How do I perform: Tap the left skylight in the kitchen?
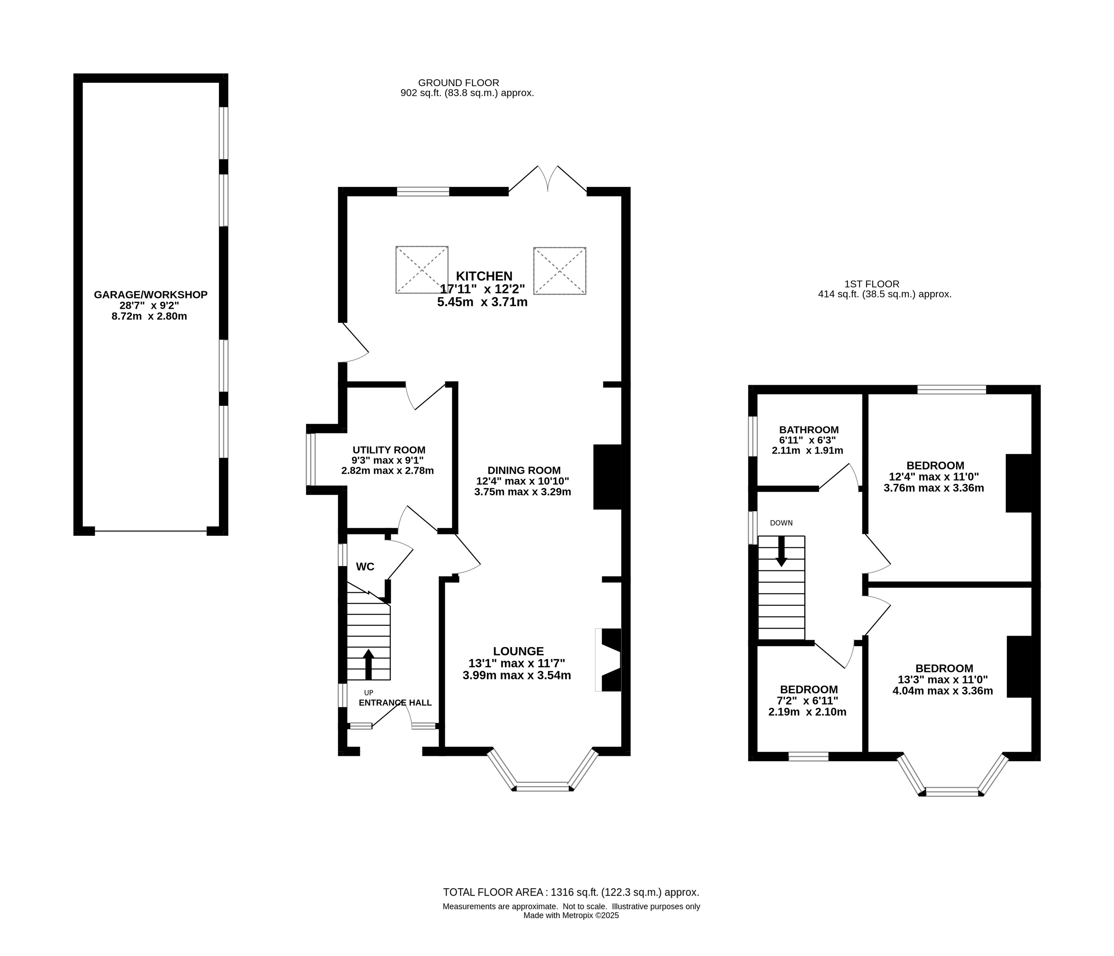click(x=422, y=270)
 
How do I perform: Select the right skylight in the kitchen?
click(x=560, y=271)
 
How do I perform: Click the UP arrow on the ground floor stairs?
click(x=368, y=664)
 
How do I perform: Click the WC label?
click(x=365, y=567)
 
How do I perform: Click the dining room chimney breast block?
click(x=608, y=476)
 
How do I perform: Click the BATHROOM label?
click(x=809, y=430)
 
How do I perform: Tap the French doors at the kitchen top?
click(x=548, y=179)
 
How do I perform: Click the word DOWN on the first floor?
click(x=781, y=523)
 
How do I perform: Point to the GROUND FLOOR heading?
click(x=459, y=83)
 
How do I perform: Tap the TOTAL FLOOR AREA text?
click(x=571, y=893)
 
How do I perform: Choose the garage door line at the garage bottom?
click(x=151, y=531)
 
